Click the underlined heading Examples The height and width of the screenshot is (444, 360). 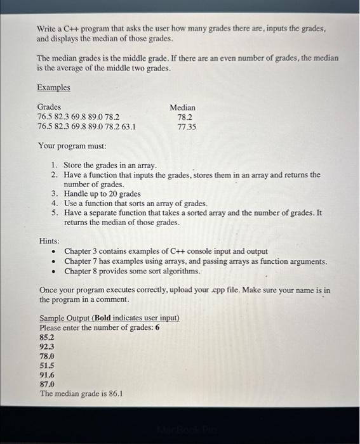[x=53, y=88]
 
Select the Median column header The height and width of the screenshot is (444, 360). [x=182, y=108]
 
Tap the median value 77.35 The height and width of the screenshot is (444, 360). [x=187, y=127]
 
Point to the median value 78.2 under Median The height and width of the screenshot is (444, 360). [x=185, y=117]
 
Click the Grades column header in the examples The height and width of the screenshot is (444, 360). [x=49, y=107]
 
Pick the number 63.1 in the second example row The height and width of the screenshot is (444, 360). [x=128, y=126]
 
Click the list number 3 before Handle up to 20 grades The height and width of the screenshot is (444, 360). [x=55, y=193]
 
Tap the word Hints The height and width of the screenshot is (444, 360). [x=49, y=241]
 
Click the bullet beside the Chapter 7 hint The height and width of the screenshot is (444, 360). [x=53, y=261]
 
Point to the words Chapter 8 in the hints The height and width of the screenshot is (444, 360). [x=79, y=271]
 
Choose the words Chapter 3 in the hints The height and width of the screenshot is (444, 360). [x=79, y=251]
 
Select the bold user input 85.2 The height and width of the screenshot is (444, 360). [x=47, y=337]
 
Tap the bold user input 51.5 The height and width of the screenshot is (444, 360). [x=47, y=366]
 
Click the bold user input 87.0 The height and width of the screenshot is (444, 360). [x=47, y=384]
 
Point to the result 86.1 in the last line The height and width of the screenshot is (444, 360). [x=115, y=394]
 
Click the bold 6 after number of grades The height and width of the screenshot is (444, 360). [x=157, y=328]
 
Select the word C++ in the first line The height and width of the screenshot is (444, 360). [x=70, y=29]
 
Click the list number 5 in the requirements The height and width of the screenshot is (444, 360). [x=55, y=213]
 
